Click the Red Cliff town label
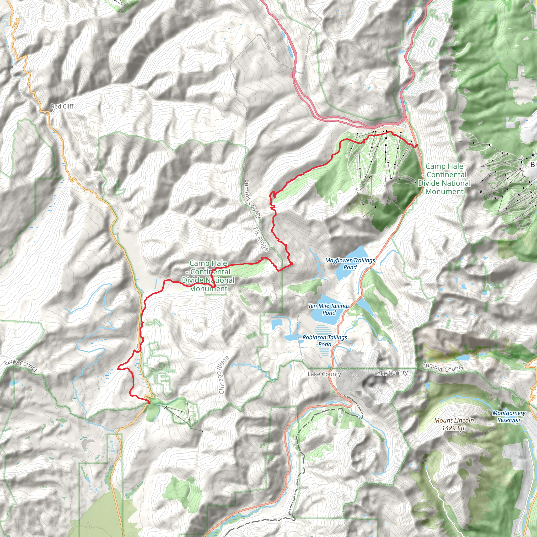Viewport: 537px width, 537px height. tap(62, 106)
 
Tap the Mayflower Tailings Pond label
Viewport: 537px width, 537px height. tap(350, 264)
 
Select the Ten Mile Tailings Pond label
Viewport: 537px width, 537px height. tap(329, 309)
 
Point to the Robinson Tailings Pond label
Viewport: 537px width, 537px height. tap(325, 341)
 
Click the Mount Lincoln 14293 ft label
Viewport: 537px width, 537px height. tap(454, 424)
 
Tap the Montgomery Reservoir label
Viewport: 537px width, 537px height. tap(509, 416)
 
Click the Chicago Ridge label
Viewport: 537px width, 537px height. tap(223, 375)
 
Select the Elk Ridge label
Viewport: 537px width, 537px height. tap(261, 239)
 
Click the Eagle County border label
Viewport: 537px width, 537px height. tap(21, 365)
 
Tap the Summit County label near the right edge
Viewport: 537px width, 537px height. tap(443, 367)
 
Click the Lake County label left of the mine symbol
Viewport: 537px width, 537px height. tap(324, 374)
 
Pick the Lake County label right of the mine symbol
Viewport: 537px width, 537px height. tap(391, 373)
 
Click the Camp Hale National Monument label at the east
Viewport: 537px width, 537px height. tap(444, 179)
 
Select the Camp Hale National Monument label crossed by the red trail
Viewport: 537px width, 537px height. tap(208, 276)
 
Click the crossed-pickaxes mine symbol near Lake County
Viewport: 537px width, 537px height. tap(355, 376)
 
